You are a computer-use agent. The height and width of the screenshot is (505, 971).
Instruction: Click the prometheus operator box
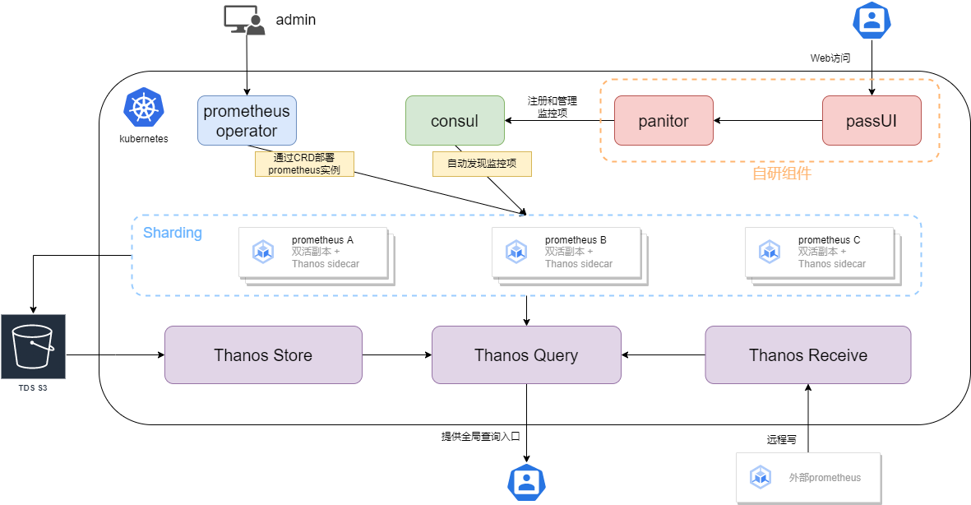click(247, 120)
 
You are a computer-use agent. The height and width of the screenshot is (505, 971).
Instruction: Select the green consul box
click(455, 121)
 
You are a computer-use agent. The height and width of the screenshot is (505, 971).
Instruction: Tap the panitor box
click(664, 121)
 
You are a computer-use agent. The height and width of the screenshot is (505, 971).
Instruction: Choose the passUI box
click(872, 121)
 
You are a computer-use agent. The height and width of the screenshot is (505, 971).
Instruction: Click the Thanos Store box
click(263, 354)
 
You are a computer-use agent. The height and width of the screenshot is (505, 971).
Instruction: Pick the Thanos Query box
click(526, 354)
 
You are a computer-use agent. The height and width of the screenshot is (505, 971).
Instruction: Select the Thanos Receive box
click(807, 354)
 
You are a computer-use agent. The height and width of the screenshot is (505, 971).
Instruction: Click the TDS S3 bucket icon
click(33, 346)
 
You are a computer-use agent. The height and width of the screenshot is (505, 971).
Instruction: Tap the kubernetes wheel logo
click(144, 109)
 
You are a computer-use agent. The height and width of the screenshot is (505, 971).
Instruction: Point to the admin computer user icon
click(245, 20)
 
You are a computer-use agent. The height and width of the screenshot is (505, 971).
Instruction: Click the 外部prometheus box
click(807, 477)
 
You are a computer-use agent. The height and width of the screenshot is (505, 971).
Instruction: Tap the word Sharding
click(173, 233)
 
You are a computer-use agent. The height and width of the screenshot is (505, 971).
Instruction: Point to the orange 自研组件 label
click(781, 174)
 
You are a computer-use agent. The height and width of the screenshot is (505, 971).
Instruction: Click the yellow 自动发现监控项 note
click(482, 164)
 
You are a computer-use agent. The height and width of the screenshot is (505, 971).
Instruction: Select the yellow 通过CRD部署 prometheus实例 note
click(303, 164)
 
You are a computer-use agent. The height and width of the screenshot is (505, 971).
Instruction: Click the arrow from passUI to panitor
click(768, 121)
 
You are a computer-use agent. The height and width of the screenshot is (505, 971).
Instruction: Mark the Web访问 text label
click(830, 58)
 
